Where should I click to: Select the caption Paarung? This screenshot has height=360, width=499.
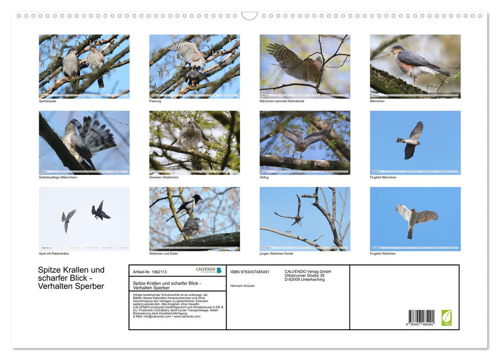point(155,101)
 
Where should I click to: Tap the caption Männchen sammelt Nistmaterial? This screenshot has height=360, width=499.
point(279,101)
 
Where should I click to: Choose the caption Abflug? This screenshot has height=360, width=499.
point(264,177)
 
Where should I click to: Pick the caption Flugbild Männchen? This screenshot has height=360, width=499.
point(383,177)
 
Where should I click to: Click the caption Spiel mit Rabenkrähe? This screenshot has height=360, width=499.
point(53,253)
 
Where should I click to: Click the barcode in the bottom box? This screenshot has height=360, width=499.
point(421,317)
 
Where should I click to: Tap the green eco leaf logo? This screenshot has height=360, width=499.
point(447,317)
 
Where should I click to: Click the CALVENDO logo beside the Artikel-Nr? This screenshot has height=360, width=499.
point(209,270)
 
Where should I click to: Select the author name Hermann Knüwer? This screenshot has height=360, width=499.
point(243,285)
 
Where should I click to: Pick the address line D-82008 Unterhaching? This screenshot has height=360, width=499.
point(305,279)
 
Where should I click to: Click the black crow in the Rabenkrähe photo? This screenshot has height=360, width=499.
point(100,211)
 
